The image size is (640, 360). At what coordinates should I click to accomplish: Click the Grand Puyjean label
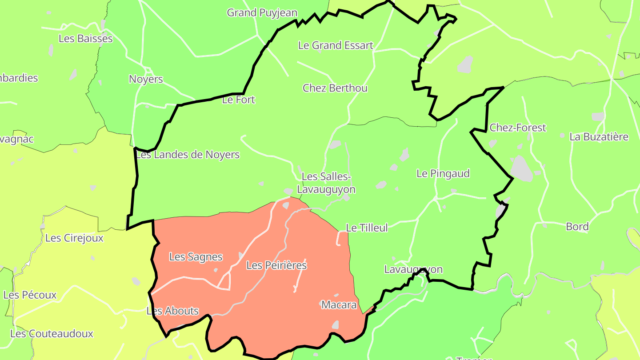pos(262,13)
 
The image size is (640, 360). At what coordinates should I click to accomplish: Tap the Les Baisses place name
pos(86,39)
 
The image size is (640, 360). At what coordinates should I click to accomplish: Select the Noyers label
pos(146,80)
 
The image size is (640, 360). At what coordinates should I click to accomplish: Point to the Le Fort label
pos(239,100)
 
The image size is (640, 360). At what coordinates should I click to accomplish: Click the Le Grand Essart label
pos(336,45)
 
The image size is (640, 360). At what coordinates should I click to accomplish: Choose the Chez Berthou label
pos(335,88)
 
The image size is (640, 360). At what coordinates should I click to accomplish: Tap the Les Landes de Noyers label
pos(188,155)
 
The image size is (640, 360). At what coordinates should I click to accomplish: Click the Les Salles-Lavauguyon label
pos(326,183)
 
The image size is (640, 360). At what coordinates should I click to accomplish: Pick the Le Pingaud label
pos(443,173)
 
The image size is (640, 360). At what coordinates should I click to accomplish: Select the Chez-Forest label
pos(517,128)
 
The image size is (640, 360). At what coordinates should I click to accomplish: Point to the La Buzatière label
pos(599,137)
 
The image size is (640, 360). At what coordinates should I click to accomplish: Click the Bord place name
pos(577,227)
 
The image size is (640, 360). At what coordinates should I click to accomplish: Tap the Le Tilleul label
pos(367,228)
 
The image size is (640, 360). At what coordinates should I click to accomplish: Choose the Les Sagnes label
pos(196,257)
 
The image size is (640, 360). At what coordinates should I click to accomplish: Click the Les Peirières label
pos(276,265)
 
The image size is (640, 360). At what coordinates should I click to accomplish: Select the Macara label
pos(339,305)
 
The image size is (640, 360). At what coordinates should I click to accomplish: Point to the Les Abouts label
pos(172,311)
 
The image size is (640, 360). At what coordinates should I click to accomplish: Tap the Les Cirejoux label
pos(74,238)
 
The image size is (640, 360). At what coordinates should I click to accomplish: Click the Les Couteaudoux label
pos(52,333)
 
